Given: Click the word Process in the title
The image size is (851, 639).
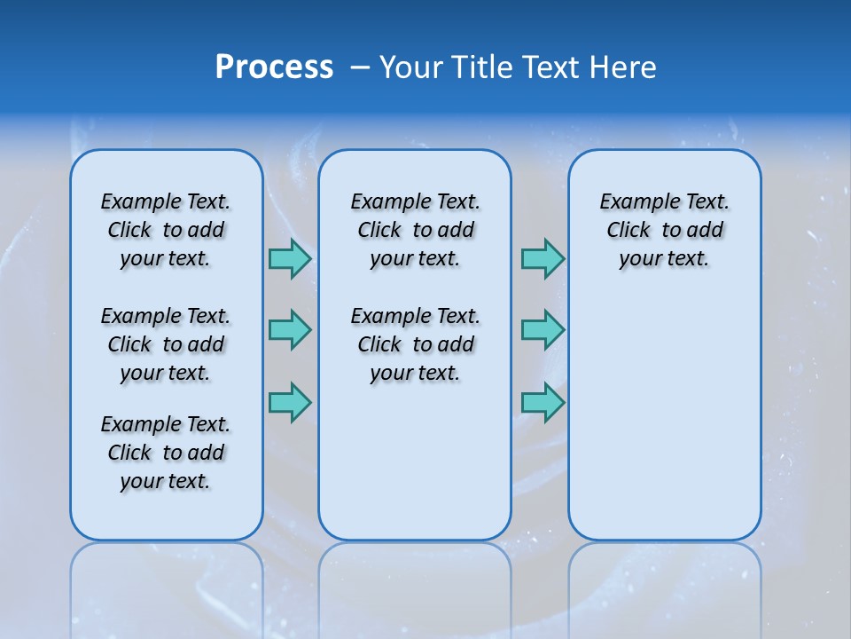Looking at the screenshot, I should pos(274,67).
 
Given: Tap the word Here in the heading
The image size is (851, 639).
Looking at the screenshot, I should pos(624,67).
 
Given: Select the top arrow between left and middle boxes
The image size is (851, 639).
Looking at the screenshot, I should pos(290,258).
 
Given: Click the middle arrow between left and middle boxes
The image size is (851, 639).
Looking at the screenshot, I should pos(290,330).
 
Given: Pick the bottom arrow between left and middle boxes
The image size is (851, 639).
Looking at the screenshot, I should pos(290,402).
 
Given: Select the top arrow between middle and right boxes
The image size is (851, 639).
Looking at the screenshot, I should pos(543,258).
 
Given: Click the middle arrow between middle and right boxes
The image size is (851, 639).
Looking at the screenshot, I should pos(543,330).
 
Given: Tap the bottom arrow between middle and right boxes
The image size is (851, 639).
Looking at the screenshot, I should pos(543,402).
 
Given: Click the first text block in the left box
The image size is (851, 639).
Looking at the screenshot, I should pos(166,230).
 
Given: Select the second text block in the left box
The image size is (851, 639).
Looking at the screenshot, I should pos(166,344).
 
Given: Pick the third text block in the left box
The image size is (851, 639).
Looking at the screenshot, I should pos(166,453).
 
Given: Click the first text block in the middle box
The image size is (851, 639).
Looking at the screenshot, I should pos(416,230).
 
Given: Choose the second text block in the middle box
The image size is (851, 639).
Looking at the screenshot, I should pos(416,344).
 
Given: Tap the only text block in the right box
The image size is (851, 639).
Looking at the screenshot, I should pos(665,230).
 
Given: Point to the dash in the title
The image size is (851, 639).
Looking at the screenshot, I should pos(360,68).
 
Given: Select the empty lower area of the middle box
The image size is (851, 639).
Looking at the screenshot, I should pos(415,461).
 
